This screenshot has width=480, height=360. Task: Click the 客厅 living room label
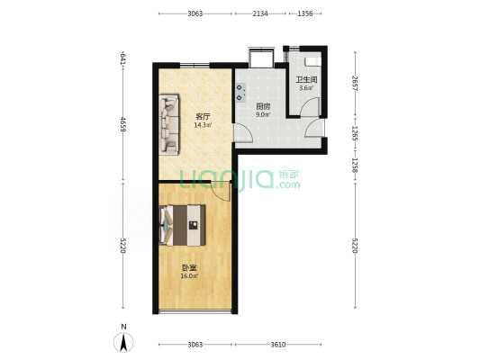tap(203, 116)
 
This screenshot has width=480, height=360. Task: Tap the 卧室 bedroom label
tap(189, 268)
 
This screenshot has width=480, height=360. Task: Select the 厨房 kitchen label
tap(263, 106)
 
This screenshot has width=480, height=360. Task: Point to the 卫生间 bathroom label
tap(306, 80)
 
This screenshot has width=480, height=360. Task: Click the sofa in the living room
tap(169, 124)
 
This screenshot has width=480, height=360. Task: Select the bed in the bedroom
tap(183, 225)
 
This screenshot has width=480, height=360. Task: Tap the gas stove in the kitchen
tap(240, 93)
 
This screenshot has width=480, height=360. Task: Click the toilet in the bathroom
tap(312, 61)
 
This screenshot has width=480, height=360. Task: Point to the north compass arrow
tap(123, 343)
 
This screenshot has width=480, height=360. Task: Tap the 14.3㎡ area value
tap(202, 125)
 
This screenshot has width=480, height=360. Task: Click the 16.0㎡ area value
tap(189, 276)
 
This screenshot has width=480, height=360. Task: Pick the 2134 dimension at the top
tap(260, 13)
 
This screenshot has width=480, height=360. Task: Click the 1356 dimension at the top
tap(305, 13)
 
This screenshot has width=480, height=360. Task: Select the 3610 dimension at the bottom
tap(278, 345)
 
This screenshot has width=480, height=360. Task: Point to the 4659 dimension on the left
tap(123, 124)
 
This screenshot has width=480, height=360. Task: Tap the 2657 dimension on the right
tap(355, 83)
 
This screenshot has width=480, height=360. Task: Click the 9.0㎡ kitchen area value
tap(263, 115)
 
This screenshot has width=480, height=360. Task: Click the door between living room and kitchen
tap(243, 133)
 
